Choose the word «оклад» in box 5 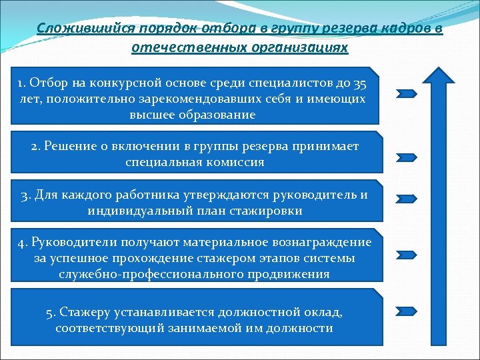(325, 312)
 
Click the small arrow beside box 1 (407, 93)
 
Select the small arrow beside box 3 (407, 198)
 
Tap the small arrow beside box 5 (407, 311)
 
